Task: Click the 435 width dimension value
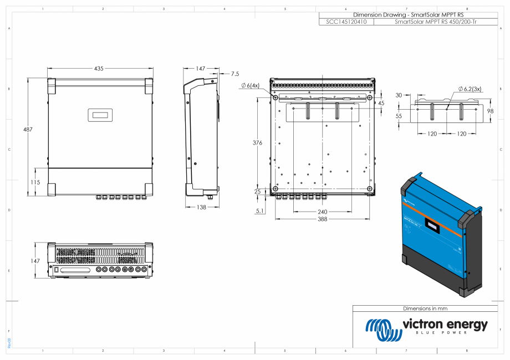pyautogui.click(x=99, y=69)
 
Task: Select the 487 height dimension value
pyautogui.click(x=28, y=130)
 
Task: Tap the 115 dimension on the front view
pyautogui.click(x=35, y=182)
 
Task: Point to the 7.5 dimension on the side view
pyautogui.click(x=235, y=73)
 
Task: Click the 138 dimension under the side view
pyautogui.click(x=201, y=207)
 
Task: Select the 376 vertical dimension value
pyautogui.click(x=257, y=143)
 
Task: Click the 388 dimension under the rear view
pyautogui.click(x=322, y=219)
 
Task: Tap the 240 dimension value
pyautogui.click(x=322, y=212)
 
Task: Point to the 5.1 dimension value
pyautogui.click(x=260, y=211)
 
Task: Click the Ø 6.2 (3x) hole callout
pyautogui.click(x=469, y=89)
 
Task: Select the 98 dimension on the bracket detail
pyautogui.click(x=489, y=111)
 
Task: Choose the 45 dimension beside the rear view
pyautogui.click(x=381, y=103)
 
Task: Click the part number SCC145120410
pyautogui.click(x=347, y=22)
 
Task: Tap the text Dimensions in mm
pyautogui.click(x=425, y=308)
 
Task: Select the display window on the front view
pyautogui.click(x=100, y=115)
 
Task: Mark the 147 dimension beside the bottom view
pyautogui.click(x=35, y=260)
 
